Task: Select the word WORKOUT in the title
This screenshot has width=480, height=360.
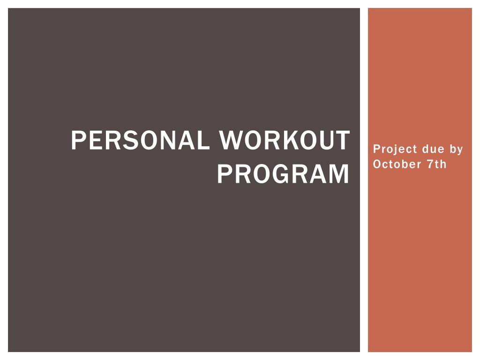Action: point(285,140)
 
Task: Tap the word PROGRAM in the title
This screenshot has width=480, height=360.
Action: point(283,174)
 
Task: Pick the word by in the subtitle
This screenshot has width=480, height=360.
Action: point(457,150)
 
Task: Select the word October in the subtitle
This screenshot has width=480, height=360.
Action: point(397,164)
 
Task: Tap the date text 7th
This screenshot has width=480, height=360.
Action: point(437,164)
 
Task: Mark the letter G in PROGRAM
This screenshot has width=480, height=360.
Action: point(277,174)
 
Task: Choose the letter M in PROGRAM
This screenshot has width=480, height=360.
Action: point(338,174)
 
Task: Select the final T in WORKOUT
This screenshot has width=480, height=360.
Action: point(342,140)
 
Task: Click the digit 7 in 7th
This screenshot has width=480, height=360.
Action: point(431,164)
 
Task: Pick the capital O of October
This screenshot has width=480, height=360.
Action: point(377,164)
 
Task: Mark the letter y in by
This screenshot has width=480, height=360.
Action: point(460,151)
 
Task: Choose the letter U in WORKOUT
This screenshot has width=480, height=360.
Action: point(324,140)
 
